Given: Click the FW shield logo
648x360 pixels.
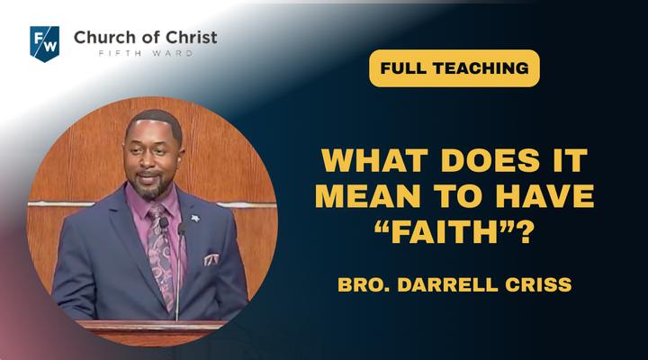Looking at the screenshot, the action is click(x=45, y=44).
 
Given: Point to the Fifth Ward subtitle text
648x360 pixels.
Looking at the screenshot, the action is click(x=146, y=53).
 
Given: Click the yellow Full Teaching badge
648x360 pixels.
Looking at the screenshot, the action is click(x=454, y=68).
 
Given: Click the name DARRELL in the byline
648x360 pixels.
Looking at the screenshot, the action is click(x=447, y=284).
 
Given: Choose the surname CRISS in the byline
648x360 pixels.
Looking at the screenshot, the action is click(x=538, y=284).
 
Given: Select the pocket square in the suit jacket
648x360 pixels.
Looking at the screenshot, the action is click(x=211, y=259).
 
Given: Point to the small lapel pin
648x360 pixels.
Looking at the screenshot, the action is click(x=194, y=218).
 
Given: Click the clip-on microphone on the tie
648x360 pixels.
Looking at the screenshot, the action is click(x=164, y=223).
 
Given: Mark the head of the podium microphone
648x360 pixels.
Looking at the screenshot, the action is click(x=181, y=229).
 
